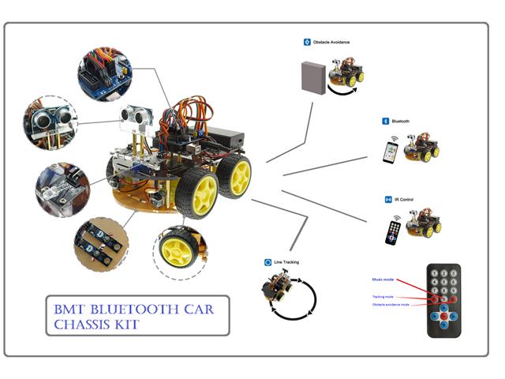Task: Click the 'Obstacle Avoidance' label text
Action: click(x=331, y=42)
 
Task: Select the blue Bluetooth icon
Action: click(x=386, y=122)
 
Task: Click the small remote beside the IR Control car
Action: click(x=392, y=232)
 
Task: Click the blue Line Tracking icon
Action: click(x=267, y=261)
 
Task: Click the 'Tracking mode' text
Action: click(x=384, y=297)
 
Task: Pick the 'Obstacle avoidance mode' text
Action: click(x=391, y=305)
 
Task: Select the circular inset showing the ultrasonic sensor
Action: click(x=51, y=122)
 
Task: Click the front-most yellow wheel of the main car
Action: click(x=199, y=193)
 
